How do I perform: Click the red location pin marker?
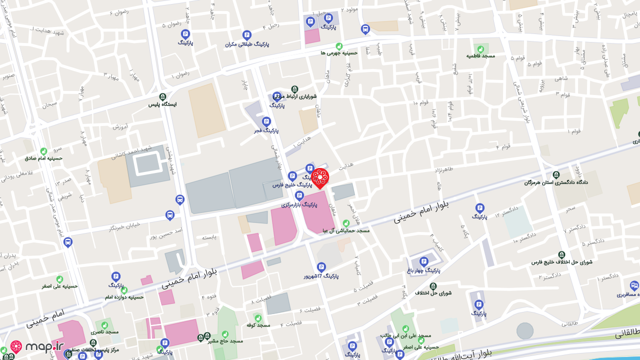coord(319,178)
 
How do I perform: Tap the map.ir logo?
coord(37,346)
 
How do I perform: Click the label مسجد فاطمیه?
coord(480,55)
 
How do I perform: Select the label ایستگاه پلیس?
coord(162,104)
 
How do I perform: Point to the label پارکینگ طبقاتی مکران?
coord(246,44)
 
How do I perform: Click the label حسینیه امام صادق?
coord(43,158)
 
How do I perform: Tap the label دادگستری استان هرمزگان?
coord(556,182)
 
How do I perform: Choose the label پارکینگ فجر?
coord(266,130)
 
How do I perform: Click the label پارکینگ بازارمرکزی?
coord(299,204)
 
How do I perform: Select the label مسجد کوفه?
coord(258,325)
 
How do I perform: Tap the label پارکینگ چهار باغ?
coord(424,270)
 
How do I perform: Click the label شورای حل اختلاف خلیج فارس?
coord(561,262)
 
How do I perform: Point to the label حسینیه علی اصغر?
coord(59,286)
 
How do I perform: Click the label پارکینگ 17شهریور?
coord(321,276)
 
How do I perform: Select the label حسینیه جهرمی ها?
coord(339,52)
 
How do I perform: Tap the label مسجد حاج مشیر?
coord(225,341)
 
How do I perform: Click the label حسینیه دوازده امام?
coord(124,297)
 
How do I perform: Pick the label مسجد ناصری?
coord(104,331)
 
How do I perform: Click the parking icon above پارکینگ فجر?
coord(266,121)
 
